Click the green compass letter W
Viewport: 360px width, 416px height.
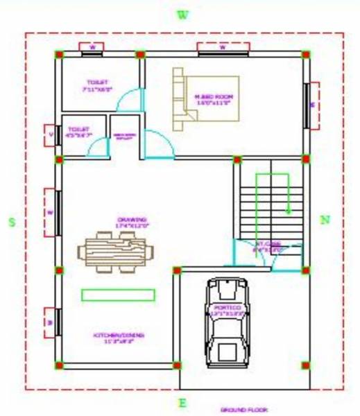182,15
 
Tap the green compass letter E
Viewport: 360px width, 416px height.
183,403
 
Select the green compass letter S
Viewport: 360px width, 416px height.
11,222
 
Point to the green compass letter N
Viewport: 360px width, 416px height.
325,220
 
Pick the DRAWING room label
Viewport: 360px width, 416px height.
132,222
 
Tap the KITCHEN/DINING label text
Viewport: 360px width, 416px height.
119,338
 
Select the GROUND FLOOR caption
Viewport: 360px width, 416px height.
243,410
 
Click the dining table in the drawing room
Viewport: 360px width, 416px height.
117,250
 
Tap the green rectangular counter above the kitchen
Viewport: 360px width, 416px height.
118,295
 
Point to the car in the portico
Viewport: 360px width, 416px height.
226,320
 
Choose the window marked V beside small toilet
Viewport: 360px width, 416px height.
51,135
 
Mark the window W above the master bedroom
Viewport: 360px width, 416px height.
223,47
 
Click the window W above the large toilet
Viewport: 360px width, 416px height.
92,47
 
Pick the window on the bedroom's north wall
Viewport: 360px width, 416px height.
312,105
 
